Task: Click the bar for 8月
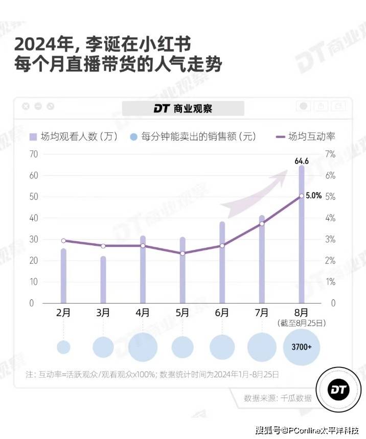(302, 235)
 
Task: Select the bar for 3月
(103, 280)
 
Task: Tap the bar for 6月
(222, 263)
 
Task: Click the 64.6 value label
(302, 161)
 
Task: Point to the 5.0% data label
(314, 196)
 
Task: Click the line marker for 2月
(63, 241)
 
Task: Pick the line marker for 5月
(182, 253)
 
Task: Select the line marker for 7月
(262, 223)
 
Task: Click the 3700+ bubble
(302, 346)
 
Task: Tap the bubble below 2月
(63, 347)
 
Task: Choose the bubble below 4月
(143, 347)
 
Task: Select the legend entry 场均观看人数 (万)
(74, 136)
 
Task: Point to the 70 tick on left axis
(34, 154)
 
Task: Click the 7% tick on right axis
(330, 154)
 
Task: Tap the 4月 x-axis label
(143, 313)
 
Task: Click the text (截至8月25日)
(302, 323)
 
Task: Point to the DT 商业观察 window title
(183, 108)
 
